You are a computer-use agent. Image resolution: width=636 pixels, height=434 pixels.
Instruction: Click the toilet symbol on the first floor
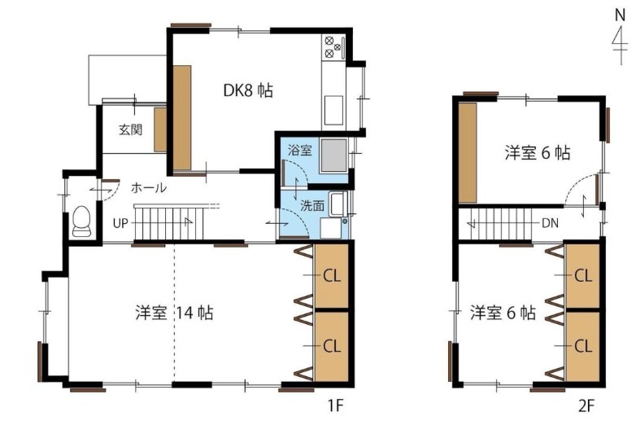click(x=82, y=221)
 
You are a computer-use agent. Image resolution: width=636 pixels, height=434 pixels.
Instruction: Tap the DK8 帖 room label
click(x=248, y=90)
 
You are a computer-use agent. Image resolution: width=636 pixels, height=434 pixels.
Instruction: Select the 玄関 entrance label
click(x=131, y=130)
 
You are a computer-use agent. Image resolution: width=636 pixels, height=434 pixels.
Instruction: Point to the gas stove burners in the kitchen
click(x=333, y=46)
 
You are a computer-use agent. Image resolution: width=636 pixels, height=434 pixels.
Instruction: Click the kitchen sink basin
click(x=333, y=110)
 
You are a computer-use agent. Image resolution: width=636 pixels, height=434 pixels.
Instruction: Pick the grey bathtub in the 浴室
click(x=333, y=156)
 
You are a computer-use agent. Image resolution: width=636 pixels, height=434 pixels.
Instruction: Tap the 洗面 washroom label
click(x=311, y=205)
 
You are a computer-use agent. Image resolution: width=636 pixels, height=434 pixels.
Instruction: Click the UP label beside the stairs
click(x=120, y=223)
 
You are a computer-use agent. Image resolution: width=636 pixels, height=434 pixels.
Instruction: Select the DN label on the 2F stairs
click(x=550, y=223)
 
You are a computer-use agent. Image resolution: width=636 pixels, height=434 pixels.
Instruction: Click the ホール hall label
click(x=149, y=188)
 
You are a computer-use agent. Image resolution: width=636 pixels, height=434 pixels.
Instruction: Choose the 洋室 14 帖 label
click(x=174, y=313)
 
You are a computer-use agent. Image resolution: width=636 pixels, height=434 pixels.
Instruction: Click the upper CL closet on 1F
click(x=331, y=276)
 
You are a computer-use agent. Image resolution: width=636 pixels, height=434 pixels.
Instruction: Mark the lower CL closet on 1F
click(x=331, y=346)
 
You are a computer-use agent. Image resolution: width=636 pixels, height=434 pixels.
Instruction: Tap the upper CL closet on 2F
click(x=583, y=276)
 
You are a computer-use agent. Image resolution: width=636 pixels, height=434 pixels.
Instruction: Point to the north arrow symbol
click(x=620, y=37)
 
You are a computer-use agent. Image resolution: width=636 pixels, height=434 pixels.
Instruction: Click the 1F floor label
click(x=335, y=406)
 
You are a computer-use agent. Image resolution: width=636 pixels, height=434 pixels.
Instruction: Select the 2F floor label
click(x=586, y=406)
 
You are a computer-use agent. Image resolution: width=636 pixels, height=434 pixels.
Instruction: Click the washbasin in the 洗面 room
click(x=338, y=204)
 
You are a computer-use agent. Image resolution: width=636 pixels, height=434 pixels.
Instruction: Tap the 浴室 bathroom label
click(x=300, y=150)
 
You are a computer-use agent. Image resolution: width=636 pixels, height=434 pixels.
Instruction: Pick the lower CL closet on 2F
click(x=583, y=346)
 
